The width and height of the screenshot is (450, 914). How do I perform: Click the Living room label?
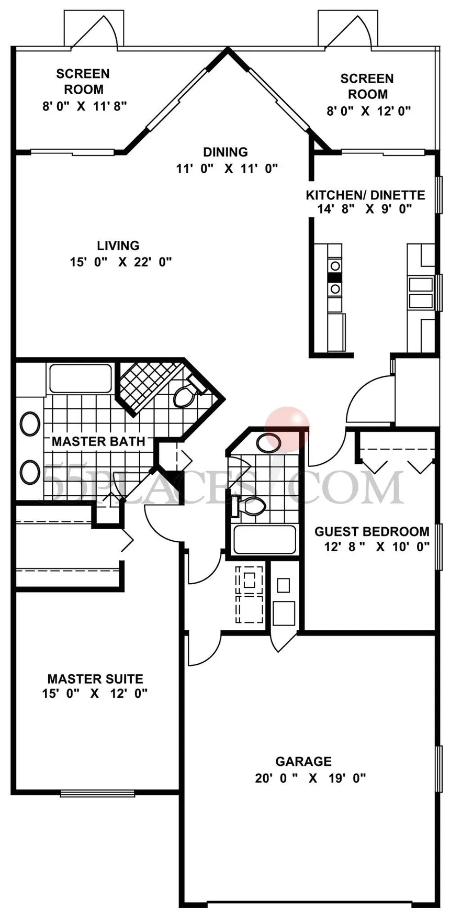(118, 246)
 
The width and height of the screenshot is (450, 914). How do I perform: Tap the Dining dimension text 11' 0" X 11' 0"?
(227, 169)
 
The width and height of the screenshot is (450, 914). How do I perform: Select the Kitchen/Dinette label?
(365, 195)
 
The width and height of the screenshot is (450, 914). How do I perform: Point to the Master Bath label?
(98, 441)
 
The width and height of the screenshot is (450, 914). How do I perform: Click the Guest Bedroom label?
(372, 532)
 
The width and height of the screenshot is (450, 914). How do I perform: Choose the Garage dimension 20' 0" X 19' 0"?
(310, 778)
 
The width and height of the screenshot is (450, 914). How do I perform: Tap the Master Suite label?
(95, 679)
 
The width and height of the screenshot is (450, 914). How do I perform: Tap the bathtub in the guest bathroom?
(264, 540)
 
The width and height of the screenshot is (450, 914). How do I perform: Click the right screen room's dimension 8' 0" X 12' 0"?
(368, 111)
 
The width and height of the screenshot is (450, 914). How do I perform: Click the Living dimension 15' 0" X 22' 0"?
(121, 262)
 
